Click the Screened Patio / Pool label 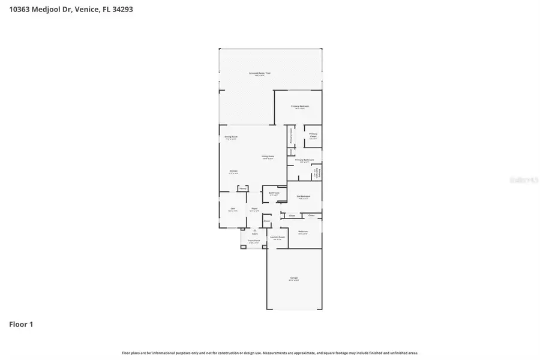tap(259, 74)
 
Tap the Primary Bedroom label tap(300, 107)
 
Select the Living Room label tap(267, 158)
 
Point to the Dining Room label tap(231, 137)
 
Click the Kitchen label tap(233, 172)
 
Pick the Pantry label tap(242, 188)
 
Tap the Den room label tap(232, 209)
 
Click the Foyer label tap(254, 209)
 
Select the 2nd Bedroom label tap(304, 197)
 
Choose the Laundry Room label tap(277, 238)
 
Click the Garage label tap(294, 278)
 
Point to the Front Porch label tap(254, 241)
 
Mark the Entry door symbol tap(255, 231)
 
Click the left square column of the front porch tap(243, 247)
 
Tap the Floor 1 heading tap(21, 325)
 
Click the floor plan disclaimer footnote tap(270, 353)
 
